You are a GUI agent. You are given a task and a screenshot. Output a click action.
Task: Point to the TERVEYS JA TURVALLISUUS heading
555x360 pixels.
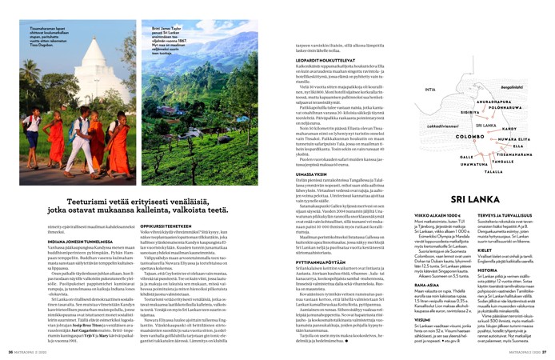click(503, 217)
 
